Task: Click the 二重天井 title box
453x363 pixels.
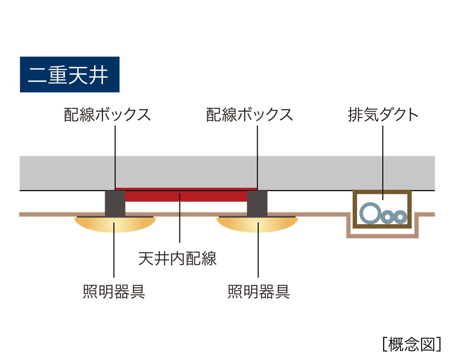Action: click(69, 74)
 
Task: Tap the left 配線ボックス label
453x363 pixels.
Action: click(107, 115)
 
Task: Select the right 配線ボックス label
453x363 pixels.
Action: click(249, 115)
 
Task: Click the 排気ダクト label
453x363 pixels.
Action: click(383, 115)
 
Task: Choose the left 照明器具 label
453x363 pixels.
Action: click(114, 291)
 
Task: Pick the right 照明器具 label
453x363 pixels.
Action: click(259, 291)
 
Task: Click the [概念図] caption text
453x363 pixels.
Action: click(411, 344)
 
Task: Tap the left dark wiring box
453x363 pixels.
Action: click(115, 203)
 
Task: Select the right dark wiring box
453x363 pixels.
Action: click(257, 203)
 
